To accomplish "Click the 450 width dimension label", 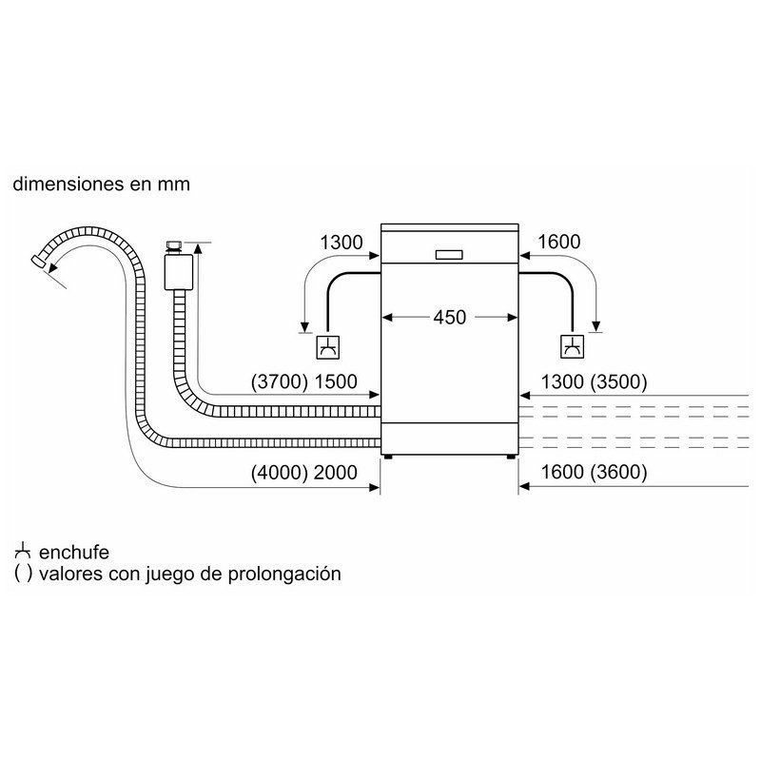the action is point(449,318).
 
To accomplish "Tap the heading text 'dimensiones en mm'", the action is point(102,185).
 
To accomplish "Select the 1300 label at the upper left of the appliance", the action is point(341,243).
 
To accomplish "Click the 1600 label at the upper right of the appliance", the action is point(559,242).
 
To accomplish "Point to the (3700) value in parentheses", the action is point(280,382).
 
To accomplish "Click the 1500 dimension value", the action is point(336,382).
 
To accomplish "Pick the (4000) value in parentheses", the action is point(280,472).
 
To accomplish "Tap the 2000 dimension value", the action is point(336,472).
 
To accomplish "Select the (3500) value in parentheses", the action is point(619,382).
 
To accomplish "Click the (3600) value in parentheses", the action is point(619,472).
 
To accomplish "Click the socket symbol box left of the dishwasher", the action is point(327,347).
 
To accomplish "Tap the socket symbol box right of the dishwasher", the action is point(573,346).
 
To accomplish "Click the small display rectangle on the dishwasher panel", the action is point(449,255).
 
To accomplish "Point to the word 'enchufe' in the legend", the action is point(74,553).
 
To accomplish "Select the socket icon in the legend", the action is point(23,552).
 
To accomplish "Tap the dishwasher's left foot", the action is point(388,457).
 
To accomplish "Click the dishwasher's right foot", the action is point(511,457).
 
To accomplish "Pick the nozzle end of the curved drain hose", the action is point(38,261).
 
